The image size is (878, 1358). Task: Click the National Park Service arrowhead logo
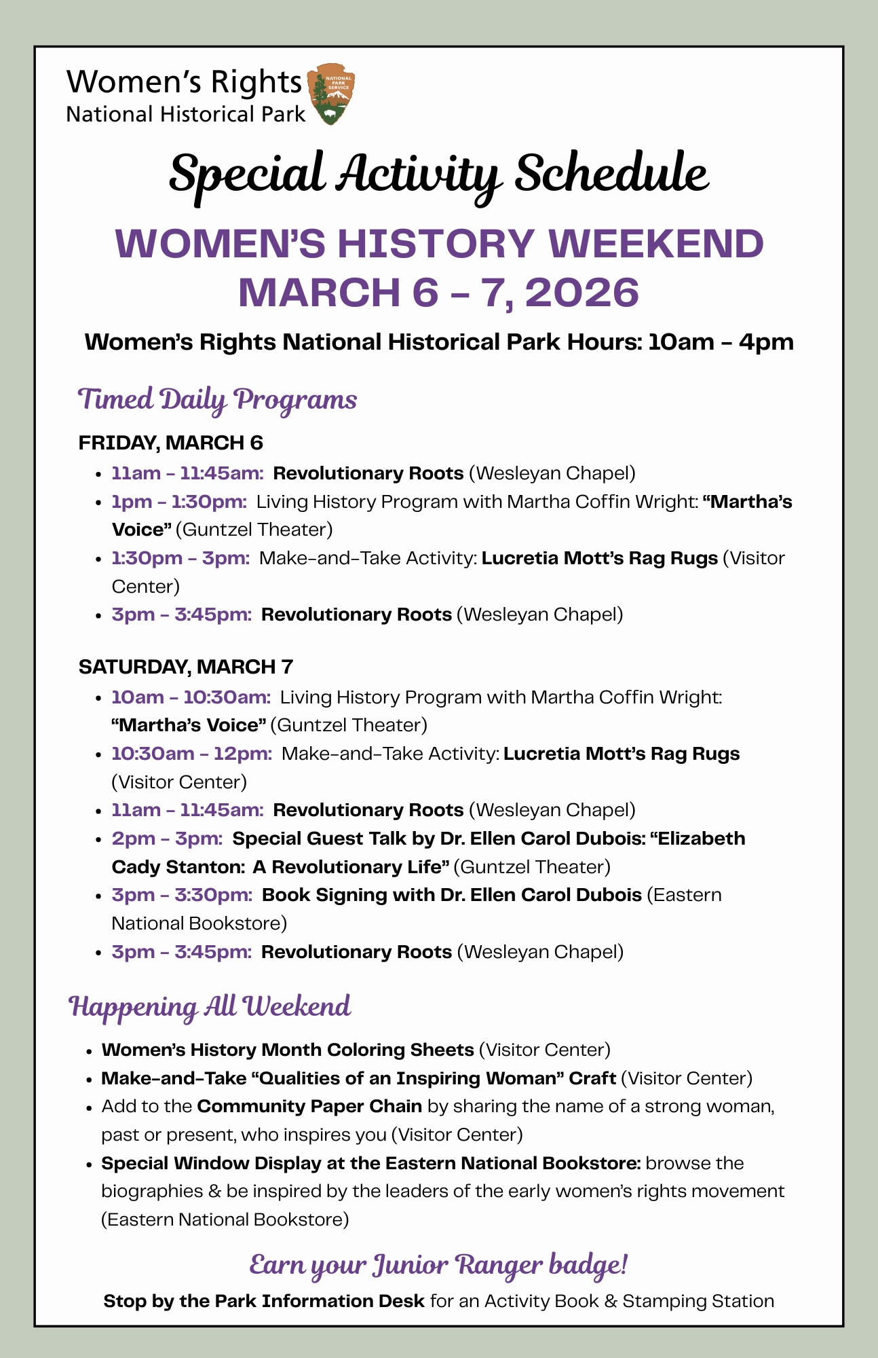[331, 94]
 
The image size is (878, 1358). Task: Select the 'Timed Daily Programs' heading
[217, 400]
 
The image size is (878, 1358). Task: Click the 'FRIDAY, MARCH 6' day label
[170, 443]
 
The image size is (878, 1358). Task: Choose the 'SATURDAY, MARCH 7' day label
[185, 667]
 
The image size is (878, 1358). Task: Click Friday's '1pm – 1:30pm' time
[179, 502]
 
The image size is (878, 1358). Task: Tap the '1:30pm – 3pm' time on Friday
[180, 558]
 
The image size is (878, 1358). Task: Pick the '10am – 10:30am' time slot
[191, 697]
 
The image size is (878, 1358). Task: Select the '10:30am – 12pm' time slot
[192, 754]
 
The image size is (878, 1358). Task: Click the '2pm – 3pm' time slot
[167, 839]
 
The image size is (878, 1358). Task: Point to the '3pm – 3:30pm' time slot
[182, 895]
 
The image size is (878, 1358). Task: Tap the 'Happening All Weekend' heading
[210, 1006]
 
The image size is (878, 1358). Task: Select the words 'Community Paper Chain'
[309, 1106]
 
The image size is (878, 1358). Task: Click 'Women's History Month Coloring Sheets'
[288, 1050]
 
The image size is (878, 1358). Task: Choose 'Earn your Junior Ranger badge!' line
[438, 1266]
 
